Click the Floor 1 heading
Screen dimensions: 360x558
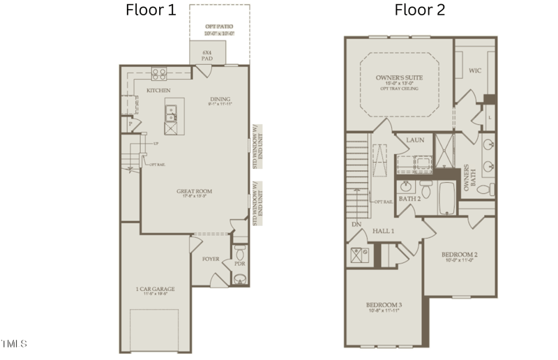151,10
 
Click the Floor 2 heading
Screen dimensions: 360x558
420,10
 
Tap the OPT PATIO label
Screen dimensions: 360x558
220,27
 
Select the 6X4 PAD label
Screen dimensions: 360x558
206,55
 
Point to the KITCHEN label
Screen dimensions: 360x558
158,91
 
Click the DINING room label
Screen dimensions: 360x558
220,100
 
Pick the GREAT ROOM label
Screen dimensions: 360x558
195,191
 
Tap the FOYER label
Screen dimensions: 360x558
211,260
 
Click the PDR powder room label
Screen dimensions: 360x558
239,264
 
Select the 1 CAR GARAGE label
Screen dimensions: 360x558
155,289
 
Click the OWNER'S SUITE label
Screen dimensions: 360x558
399,78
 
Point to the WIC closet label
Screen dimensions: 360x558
475,70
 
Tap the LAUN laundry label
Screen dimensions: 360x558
415,140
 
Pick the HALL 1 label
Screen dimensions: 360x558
383,231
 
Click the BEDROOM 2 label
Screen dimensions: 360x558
459,255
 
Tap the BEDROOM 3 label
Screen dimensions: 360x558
384,305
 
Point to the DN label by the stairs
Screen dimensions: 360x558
356,224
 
